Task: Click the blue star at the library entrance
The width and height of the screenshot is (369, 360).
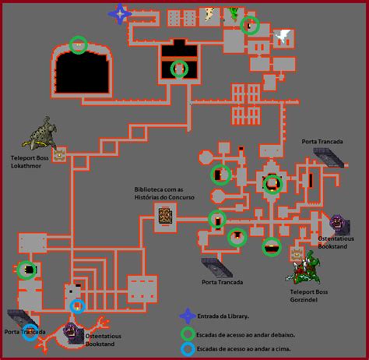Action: [120, 14]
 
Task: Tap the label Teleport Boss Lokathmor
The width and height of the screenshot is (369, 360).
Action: [30, 162]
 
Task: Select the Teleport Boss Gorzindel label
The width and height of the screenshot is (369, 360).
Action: [309, 295]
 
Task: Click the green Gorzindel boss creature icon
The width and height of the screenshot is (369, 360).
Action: [303, 268]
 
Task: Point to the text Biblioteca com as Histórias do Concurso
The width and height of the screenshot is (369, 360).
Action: [164, 193]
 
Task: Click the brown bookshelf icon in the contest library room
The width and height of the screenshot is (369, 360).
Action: [165, 216]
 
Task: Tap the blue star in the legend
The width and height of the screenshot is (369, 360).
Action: [188, 316]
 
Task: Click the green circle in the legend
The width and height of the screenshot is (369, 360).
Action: [188, 334]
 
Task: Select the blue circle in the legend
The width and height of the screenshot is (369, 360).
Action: [188, 349]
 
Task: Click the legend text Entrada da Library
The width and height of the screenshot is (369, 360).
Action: [223, 316]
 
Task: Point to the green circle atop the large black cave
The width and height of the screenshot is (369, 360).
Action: [79, 45]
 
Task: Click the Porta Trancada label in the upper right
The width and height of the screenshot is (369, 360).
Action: [322, 142]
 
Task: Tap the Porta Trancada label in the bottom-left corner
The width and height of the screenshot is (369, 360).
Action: [25, 332]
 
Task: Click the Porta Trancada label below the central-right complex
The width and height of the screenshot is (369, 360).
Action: [223, 282]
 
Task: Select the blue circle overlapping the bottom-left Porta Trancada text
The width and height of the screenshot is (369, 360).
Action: [30, 332]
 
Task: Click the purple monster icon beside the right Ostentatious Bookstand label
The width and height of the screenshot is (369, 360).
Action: [340, 225]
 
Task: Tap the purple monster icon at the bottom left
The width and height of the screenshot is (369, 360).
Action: [73, 334]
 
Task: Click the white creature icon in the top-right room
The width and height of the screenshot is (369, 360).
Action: [283, 36]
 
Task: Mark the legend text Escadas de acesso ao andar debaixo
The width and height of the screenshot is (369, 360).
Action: [245, 335]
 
